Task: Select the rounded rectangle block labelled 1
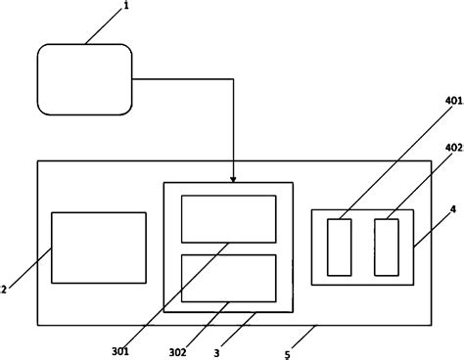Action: point(84,77)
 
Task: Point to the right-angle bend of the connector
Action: point(234,77)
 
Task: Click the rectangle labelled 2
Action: point(98,247)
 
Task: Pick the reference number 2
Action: point(5,289)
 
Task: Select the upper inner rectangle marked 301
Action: point(229,217)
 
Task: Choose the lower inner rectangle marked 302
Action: point(229,277)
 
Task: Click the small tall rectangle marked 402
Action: point(387,247)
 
